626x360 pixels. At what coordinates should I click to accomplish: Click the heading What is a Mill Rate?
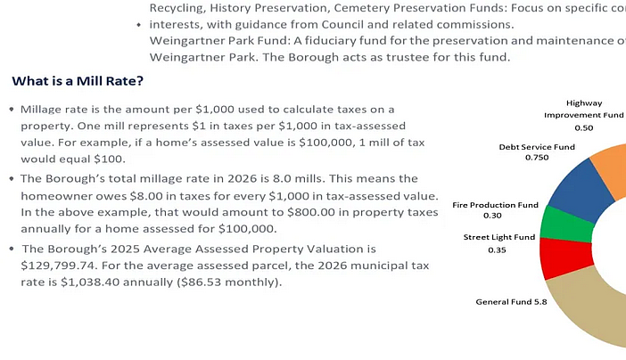click(78, 81)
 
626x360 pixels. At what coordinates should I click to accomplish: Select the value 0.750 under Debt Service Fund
click(536, 158)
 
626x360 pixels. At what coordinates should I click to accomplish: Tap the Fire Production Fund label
click(495, 204)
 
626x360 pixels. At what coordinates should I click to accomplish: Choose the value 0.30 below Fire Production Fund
click(492, 216)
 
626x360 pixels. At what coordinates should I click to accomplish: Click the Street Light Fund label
click(498, 237)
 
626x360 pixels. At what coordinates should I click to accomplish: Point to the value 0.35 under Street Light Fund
click(497, 250)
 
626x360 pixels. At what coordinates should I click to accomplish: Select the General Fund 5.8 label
click(512, 301)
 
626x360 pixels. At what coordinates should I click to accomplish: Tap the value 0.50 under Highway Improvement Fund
click(583, 127)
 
